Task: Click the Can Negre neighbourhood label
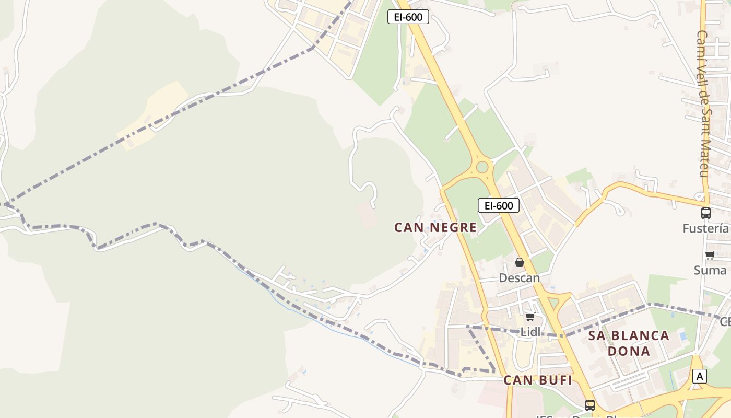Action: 435,227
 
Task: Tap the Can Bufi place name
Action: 538,380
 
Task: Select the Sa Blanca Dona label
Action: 629,343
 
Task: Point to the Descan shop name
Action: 519,278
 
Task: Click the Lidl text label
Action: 530,332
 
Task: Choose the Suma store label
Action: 710,270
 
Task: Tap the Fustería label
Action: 705,228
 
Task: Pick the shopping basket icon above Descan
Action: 520,262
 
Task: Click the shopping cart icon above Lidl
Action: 530,317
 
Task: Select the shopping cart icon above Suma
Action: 710,256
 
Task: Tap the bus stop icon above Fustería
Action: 706,213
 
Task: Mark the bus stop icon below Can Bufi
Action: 590,405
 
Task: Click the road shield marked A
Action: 700,376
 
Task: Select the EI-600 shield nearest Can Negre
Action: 499,205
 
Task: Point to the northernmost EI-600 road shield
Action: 408,17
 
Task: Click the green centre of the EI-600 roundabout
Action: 482,167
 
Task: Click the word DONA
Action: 629,351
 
